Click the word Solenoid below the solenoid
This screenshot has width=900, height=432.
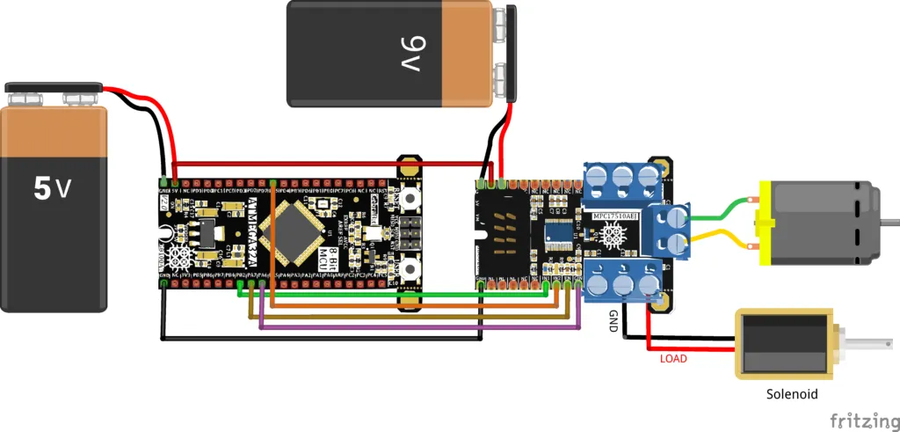(792, 395)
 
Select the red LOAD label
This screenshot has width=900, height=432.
(673, 358)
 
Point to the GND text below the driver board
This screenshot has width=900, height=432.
(613, 322)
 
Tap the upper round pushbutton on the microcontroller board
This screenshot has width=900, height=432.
(409, 198)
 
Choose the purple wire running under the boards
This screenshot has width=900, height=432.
(422, 328)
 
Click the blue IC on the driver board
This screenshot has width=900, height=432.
(555, 231)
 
